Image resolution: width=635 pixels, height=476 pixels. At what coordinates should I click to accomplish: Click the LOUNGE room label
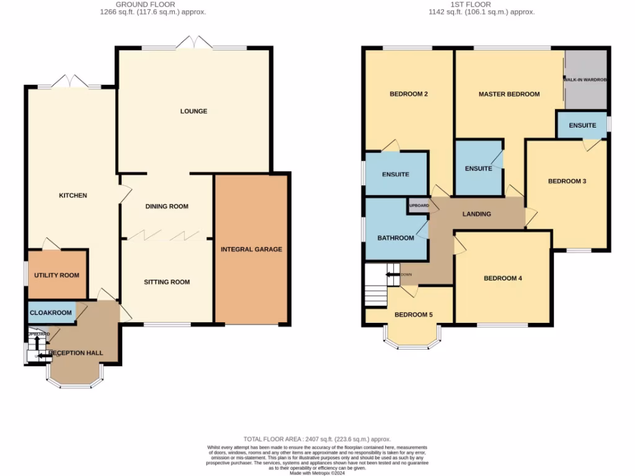point(193,112)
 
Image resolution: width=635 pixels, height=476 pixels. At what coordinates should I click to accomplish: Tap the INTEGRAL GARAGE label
point(251,249)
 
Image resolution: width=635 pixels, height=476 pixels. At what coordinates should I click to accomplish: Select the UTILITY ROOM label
point(56,275)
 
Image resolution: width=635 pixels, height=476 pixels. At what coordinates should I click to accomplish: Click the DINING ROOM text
point(166,206)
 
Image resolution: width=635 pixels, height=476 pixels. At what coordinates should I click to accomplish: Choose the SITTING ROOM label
point(167,282)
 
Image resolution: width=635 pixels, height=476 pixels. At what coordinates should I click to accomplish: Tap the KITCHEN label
point(73,196)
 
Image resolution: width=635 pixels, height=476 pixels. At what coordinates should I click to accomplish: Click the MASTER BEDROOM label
point(508,94)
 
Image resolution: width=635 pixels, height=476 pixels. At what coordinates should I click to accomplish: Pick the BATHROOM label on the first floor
point(396,238)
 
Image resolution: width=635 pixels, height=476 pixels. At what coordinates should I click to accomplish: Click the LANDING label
point(477,214)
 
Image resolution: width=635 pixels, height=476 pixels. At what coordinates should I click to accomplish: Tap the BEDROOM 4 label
point(502,278)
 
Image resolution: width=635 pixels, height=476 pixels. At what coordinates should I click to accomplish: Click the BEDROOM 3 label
point(567,182)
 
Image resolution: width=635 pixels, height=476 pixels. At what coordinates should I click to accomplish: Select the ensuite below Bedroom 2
point(396,174)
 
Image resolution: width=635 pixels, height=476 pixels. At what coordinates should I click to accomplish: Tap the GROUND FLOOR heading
point(153,4)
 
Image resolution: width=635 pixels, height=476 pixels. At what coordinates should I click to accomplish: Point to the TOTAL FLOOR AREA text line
point(317,438)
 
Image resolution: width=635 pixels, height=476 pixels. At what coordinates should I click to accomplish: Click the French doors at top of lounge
point(193,43)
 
